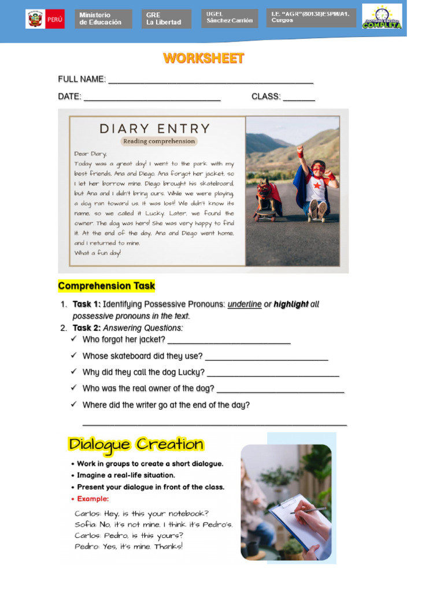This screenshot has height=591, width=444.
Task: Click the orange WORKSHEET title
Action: click(x=203, y=58)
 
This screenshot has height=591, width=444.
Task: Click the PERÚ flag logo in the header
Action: click(x=45, y=19)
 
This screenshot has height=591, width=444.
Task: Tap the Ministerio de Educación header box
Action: click(x=103, y=19)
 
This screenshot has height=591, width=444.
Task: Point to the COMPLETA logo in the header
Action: click(x=382, y=17)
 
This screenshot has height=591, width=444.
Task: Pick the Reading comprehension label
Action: click(x=159, y=141)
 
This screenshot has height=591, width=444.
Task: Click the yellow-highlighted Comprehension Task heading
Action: click(x=106, y=286)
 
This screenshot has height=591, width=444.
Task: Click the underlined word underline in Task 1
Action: click(x=245, y=304)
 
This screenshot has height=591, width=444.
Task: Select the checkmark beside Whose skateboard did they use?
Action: click(x=74, y=356)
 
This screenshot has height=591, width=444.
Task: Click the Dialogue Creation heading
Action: click(x=136, y=444)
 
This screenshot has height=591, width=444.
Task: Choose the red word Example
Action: click(x=92, y=499)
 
